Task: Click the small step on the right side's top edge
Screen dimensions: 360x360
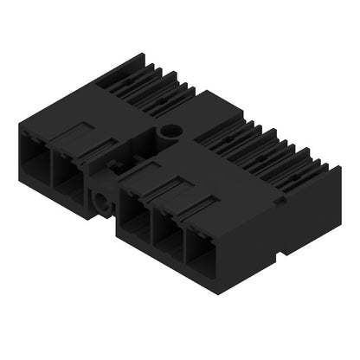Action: (x=280, y=197)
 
